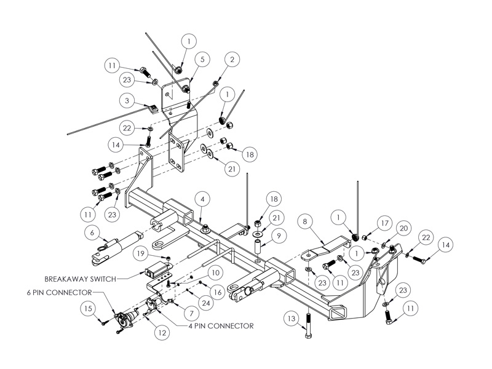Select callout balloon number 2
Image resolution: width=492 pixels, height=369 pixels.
pos(232,60)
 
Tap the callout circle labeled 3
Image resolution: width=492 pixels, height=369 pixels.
pos(126,100)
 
